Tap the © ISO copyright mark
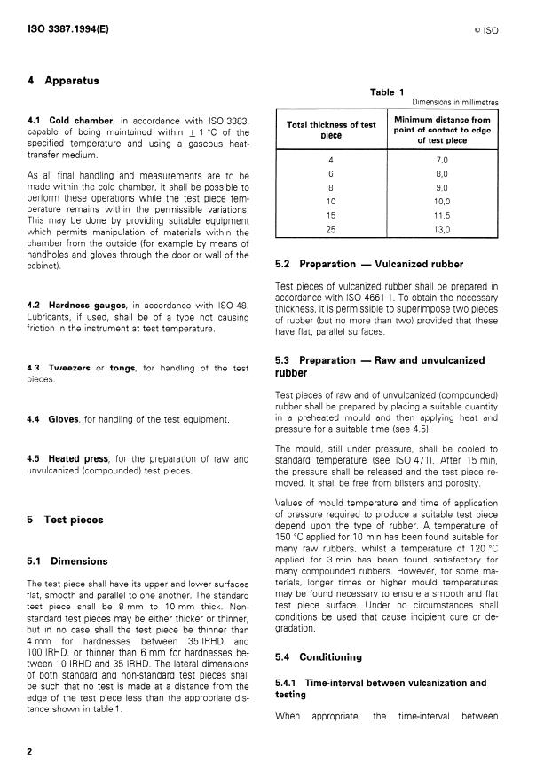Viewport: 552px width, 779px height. (x=486, y=30)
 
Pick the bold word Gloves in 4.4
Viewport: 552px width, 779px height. (x=64, y=418)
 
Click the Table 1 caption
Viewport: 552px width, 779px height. (x=387, y=91)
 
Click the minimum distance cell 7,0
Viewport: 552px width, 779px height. (x=442, y=160)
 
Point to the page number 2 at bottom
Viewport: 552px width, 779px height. (x=31, y=751)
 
